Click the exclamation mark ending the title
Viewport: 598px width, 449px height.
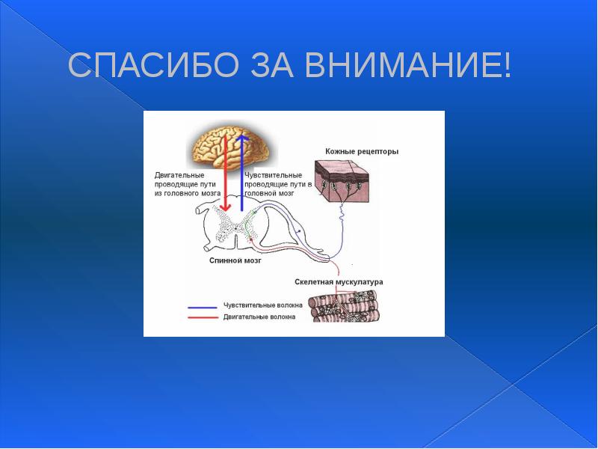[508, 67]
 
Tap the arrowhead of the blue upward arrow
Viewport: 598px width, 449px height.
[241, 139]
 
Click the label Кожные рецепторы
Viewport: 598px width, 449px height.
[362, 151]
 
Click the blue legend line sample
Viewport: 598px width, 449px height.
[202, 307]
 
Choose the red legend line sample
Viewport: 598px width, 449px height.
[202, 317]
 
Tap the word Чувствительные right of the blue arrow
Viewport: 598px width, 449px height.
[273, 174]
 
